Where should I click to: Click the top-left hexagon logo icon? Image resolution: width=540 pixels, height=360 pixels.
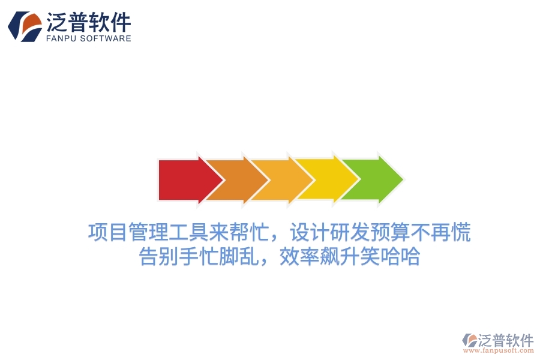tap(25, 26)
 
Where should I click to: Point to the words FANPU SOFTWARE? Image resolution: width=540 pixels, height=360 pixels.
tap(88, 38)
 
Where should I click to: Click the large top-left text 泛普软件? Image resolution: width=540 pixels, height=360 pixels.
tap(88, 22)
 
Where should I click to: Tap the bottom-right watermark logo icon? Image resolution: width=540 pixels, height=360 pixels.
tap(469, 341)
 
